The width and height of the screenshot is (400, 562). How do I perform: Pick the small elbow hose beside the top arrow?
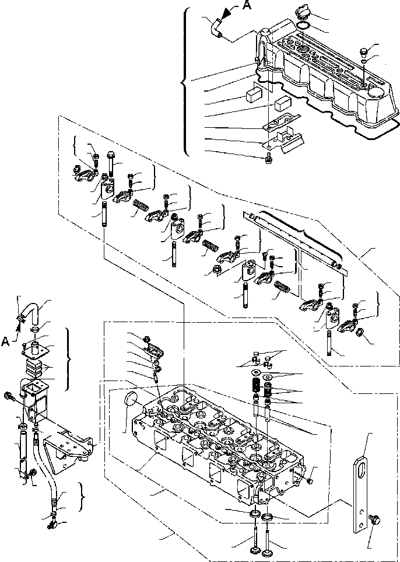pyautogui.click(x=216, y=27)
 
